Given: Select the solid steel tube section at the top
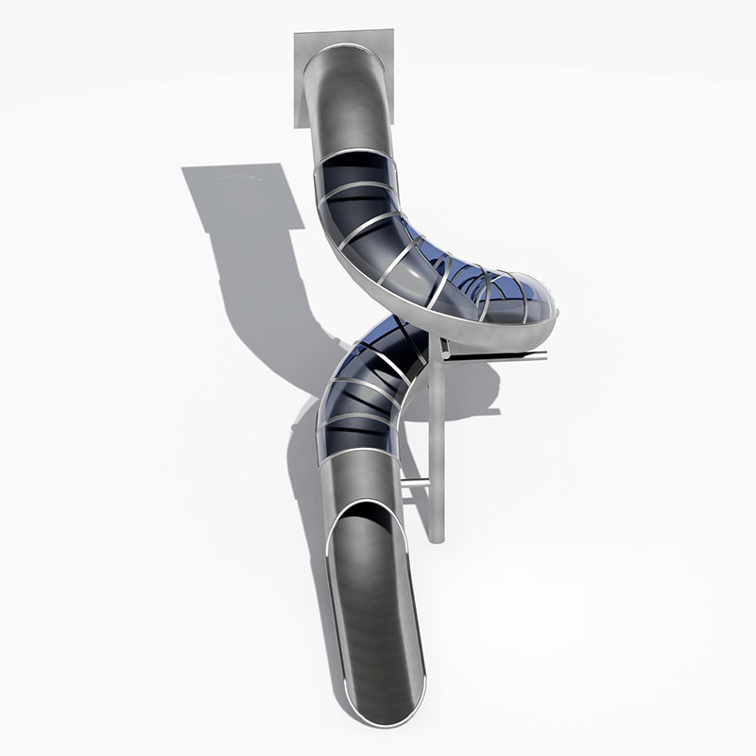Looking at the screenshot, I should coord(352,104).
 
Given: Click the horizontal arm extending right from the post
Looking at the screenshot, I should coord(501,356).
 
